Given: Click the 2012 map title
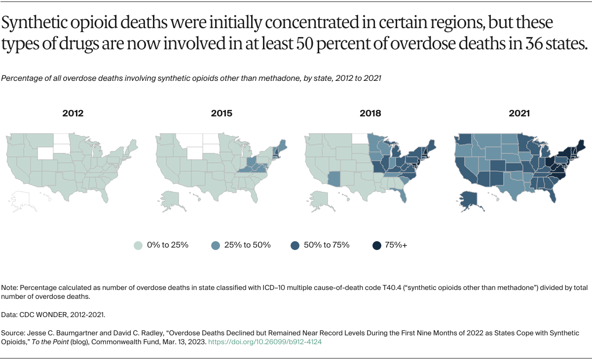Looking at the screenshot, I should coord(73,113).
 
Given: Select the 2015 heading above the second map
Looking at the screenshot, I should coord(222,113).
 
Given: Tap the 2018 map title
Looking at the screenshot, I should coord(370,113).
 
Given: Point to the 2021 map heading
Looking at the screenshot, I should coord(519,113).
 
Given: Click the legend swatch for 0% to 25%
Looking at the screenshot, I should coord(139,245).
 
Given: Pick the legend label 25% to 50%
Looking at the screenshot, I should coord(247,245).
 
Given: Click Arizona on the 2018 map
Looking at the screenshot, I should coord(333,178).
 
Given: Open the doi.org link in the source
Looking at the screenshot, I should coord(265,341).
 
